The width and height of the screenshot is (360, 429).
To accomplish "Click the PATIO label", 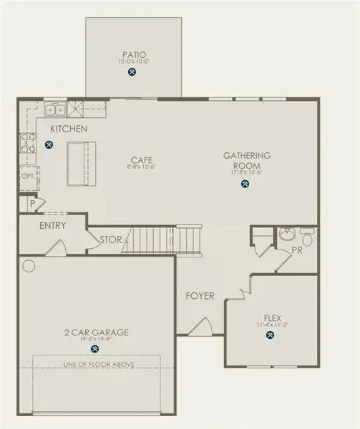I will pos(132,54).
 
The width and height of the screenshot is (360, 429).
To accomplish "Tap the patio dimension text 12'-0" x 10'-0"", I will pos(132,61).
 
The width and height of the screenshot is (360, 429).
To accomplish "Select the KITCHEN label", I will pos(69,129).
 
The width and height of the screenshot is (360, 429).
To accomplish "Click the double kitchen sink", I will pos(54,109).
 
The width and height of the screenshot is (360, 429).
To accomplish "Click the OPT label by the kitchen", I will pos(27,176).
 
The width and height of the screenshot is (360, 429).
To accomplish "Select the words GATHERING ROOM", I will pos(246,160).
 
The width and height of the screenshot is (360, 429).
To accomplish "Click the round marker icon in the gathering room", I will pos(245,184).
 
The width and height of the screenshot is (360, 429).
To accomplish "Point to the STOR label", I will pos(111,240).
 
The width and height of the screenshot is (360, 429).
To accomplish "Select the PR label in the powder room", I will pos(297,251).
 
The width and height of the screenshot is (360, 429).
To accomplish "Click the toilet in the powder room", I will pos(308,235).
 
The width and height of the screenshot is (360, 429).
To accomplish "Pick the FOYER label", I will pos(200,296).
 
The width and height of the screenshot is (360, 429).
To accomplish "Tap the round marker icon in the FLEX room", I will pos(272,335).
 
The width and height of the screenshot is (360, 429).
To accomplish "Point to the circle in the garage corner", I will pos(29,266).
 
